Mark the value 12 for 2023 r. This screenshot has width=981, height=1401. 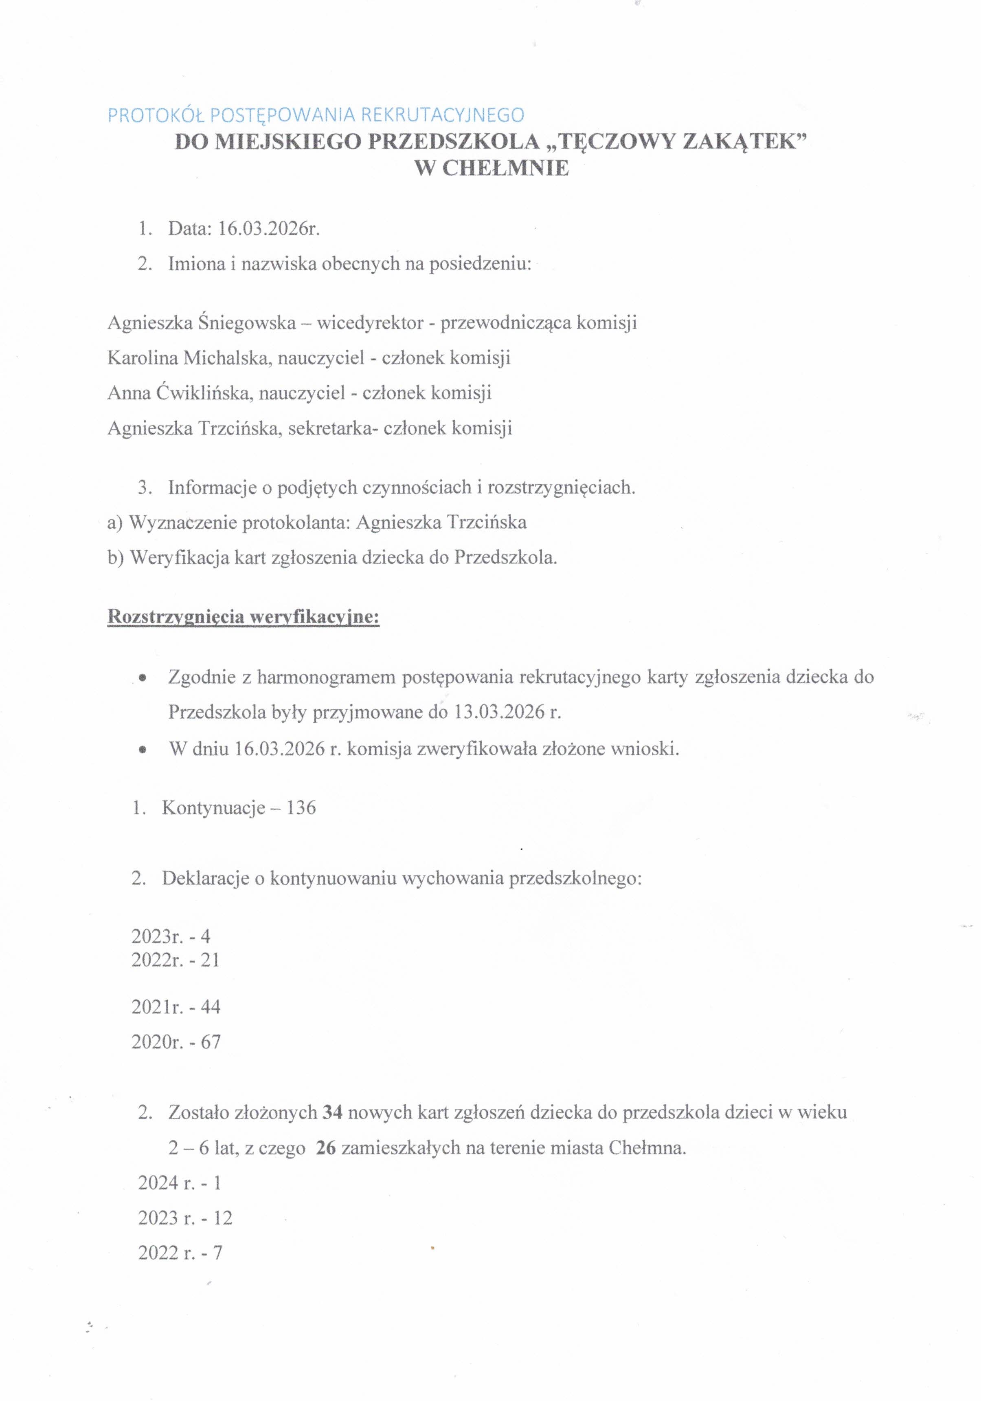223,1218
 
